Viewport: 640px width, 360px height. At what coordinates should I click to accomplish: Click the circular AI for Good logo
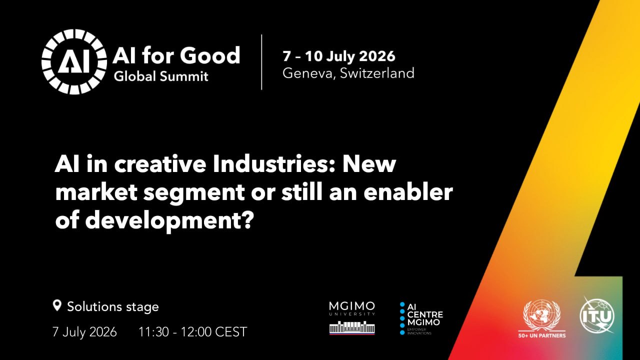(x=74, y=61)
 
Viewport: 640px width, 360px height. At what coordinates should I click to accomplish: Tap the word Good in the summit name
(x=210, y=55)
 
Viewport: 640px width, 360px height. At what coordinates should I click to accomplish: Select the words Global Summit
(x=161, y=76)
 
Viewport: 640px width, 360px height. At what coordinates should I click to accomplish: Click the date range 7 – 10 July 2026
(x=339, y=56)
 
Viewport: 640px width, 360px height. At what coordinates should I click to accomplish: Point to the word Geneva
(x=307, y=73)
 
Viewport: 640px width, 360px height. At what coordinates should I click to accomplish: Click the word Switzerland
(x=377, y=73)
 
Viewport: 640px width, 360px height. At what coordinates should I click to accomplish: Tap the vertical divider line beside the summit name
(x=261, y=62)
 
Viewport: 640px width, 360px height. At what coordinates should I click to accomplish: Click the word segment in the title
(x=193, y=193)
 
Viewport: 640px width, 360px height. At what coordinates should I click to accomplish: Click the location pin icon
(x=57, y=305)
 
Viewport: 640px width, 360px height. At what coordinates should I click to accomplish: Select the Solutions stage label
(x=113, y=307)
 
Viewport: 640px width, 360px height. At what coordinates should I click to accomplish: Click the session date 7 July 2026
(x=84, y=331)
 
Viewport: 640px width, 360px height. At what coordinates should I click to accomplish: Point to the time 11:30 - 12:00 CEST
(x=192, y=331)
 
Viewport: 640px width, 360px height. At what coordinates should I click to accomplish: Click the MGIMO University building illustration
(x=352, y=327)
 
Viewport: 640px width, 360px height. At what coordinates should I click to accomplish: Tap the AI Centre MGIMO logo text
(x=425, y=315)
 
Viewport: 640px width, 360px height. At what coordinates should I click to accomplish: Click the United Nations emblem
(x=541, y=315)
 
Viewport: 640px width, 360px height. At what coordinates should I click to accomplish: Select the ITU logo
(x=597, y=315)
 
